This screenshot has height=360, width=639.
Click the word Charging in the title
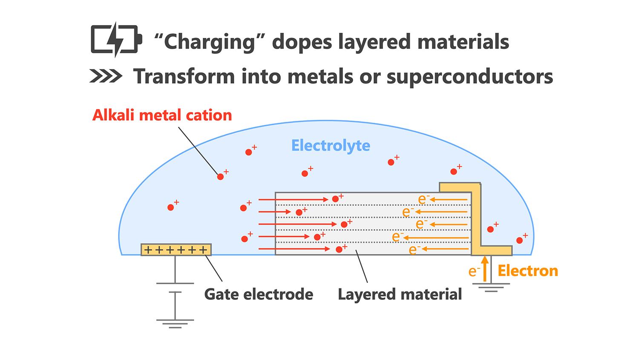209,42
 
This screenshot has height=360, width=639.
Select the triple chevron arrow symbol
106,76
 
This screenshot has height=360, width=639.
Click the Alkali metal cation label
162,115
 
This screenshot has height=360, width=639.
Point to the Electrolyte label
331,146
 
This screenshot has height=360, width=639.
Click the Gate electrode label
259,294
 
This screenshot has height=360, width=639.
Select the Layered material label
400,294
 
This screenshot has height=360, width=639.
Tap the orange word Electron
528,271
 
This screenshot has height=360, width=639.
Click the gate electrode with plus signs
176,250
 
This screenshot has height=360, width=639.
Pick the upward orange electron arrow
485,268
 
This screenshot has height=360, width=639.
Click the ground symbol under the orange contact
491,288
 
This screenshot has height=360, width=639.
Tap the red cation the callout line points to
220,177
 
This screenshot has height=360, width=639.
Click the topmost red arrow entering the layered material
293,199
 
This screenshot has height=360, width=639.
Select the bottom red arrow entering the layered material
294,249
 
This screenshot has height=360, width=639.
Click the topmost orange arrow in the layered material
449,199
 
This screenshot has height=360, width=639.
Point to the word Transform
184,77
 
